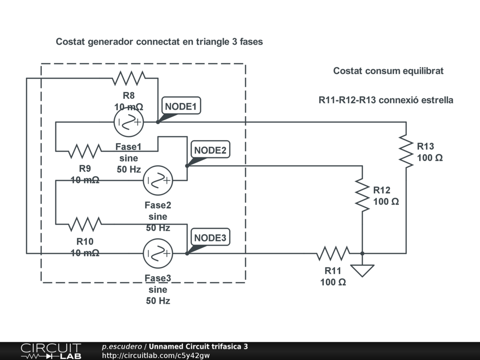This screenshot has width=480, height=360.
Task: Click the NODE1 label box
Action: pos(181,106)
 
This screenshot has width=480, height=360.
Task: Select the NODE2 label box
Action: pos(210,150)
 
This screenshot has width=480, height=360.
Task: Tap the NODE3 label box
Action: pos(210,237)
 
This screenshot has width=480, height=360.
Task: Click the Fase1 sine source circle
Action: pos(128,122)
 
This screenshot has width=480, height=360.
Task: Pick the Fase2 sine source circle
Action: pos(158,180)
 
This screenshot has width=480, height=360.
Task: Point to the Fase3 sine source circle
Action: pos(158,254)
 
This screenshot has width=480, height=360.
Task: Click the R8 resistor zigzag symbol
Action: pos(128,78)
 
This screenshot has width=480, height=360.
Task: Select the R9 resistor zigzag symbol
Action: pos(85,151)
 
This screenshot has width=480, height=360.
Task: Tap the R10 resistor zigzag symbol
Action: pos(85,224)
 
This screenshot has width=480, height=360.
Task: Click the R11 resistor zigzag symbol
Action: pos(333,253)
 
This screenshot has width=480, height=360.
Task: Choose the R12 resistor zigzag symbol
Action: pos(362,195)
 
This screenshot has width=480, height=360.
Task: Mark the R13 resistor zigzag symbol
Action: pos(406,151)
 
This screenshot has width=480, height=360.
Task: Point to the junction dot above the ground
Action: pos(362,254)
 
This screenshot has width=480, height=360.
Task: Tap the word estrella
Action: pos(437,100)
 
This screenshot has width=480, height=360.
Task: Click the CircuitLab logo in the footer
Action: pos(51,351)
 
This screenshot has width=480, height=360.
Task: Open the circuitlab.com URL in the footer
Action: pos(156,355)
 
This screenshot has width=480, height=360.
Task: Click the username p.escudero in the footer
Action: pos(122,346)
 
